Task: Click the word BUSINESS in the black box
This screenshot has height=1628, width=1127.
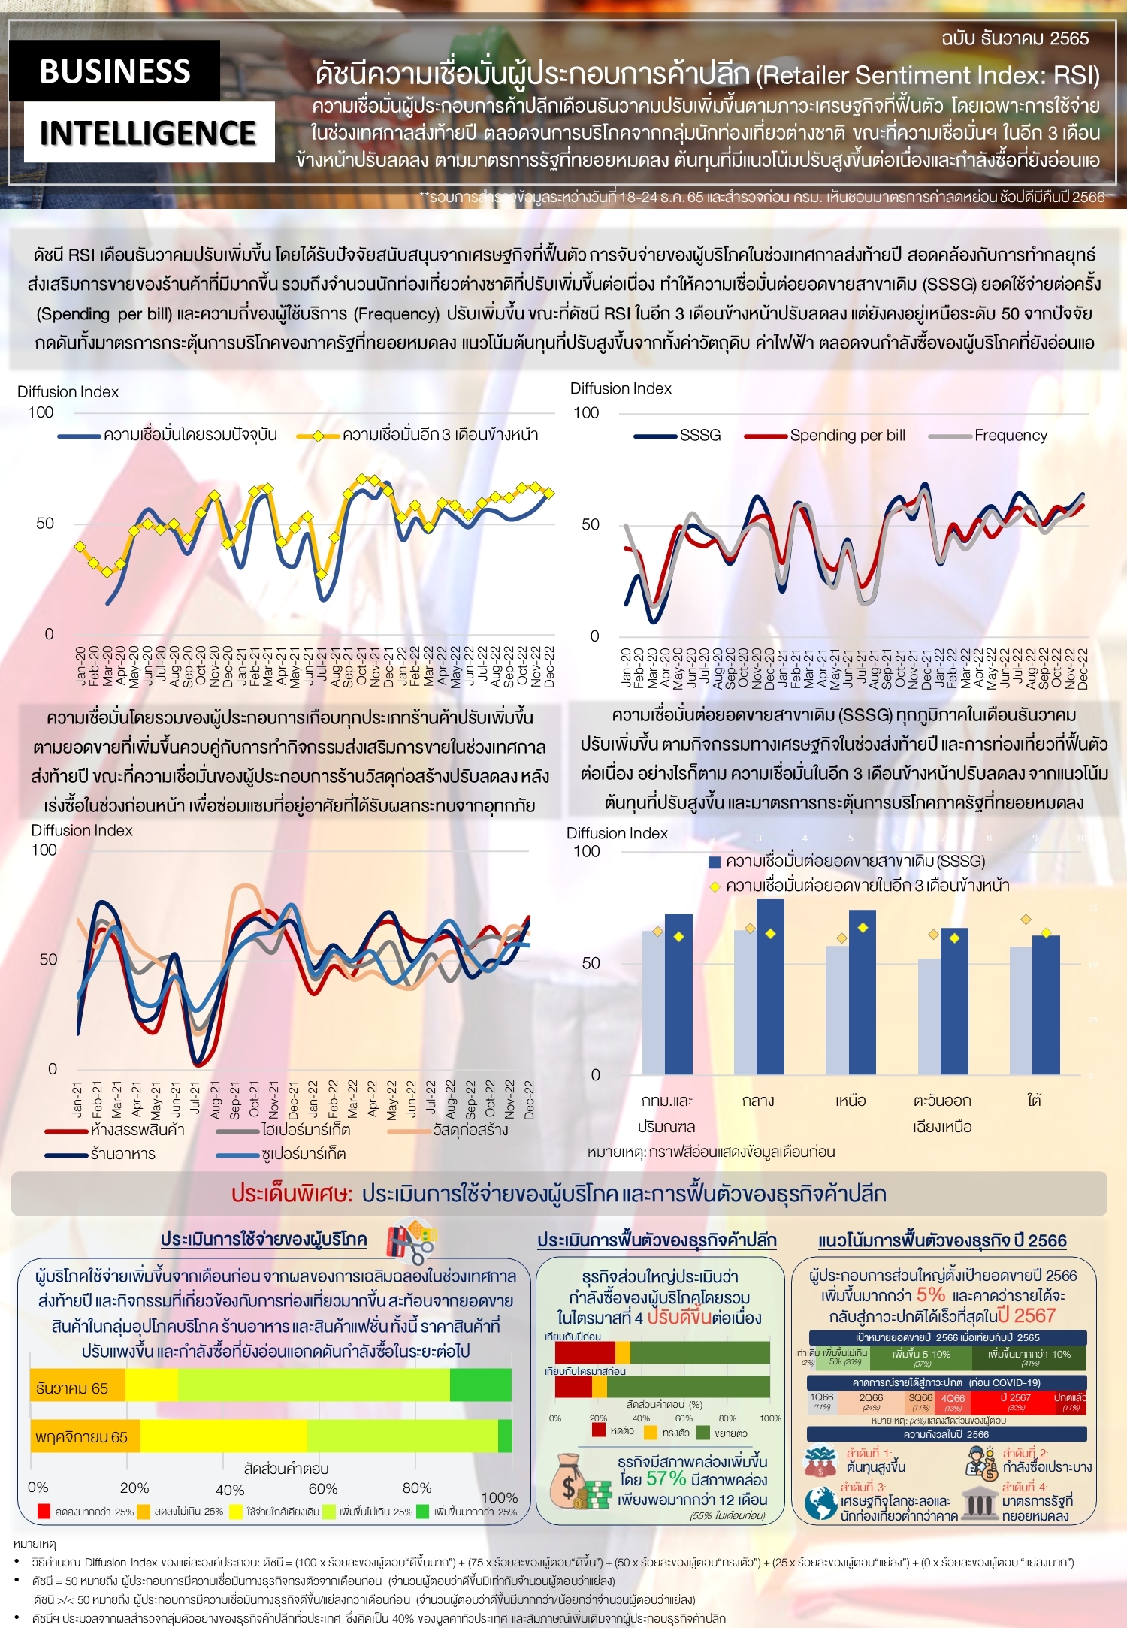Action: pyautogui.click(x=114, y=71)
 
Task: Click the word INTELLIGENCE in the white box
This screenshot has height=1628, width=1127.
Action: pyautogui.click(x=148, y=133)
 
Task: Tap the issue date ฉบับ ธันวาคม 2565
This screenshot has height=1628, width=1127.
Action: pyautogui.click(x=1014, y=38)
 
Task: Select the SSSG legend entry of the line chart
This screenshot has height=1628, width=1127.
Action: pyautogui.click(x=699, y=436)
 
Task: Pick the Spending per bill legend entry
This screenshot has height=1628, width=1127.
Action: pyautogui.click(x=847, y=436)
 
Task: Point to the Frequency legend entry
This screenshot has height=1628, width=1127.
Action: pyautogui.click(x=1010, y=436)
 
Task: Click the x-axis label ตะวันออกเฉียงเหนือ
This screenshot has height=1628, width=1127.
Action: pyautogui.click(x=942, y=1113)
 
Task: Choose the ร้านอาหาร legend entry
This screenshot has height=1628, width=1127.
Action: pyautogui.click(x=122, y=1154)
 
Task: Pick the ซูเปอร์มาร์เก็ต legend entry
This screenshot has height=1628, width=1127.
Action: pyautogui.click(x=303, y=1154)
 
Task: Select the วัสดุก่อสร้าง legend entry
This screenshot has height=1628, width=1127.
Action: pyautogui.click(x=470, y=1130)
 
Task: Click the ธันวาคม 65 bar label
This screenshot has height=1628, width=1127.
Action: pyautogui.click(x=72, y=1388)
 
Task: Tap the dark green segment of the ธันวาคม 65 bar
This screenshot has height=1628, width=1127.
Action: pyautogui.click(x=481, y=1385)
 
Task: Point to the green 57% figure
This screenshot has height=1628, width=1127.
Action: pyautogui.click(x=666, y=1478)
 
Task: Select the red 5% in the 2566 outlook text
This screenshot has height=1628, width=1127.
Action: pyautogui.click(x=930, y=1294)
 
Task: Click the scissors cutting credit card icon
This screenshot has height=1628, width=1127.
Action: pyautogui.click(x=411, y=1241)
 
